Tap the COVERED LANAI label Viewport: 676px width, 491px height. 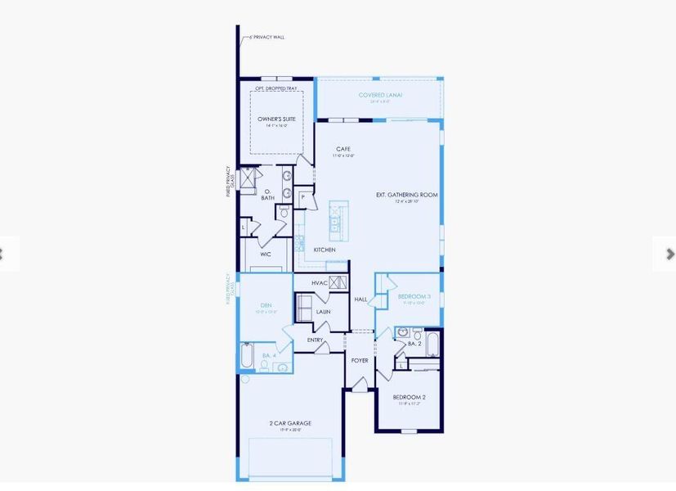380,95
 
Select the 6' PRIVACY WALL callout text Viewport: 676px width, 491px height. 267,37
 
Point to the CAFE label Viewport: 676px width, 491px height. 342,149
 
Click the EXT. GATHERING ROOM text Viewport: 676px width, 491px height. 407,195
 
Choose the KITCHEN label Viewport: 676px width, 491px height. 325,250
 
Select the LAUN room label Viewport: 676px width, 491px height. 323,312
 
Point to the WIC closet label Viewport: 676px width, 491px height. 266,255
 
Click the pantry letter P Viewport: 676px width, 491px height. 303,196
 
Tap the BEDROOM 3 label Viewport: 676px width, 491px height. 413,296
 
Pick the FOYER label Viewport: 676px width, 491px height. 360,360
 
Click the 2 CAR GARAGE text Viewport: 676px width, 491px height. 290,423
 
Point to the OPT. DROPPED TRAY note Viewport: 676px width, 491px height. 275,88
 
